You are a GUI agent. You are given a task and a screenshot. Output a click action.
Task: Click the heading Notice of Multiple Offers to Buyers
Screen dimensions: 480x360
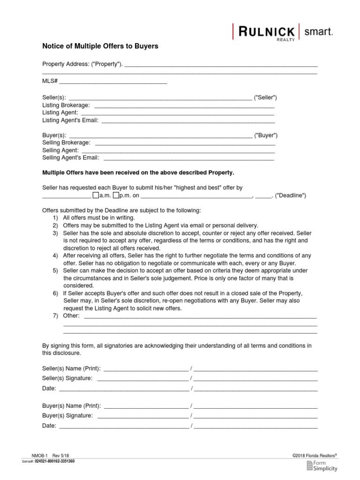(100, 46)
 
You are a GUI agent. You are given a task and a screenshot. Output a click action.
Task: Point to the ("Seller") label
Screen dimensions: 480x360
(265, 98)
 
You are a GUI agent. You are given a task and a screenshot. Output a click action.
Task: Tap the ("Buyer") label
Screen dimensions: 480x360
(266, 135)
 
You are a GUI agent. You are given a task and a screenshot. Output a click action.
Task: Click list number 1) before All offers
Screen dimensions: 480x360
(55, 218)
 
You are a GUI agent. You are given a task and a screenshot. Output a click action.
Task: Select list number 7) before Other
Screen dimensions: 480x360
(55, 315)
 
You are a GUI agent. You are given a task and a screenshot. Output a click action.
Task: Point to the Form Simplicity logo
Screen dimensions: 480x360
(322, 465)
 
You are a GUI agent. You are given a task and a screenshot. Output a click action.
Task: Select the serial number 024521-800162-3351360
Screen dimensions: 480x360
(54, 461)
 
